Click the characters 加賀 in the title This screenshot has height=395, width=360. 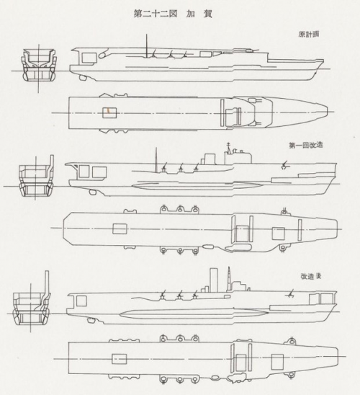199,14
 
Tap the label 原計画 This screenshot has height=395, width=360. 309,34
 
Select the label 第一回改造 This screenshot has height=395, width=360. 306,145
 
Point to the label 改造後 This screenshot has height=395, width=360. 311,276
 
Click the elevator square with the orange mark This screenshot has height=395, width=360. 109,112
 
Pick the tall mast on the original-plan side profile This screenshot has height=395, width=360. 147,46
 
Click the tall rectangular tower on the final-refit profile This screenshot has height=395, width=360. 213,280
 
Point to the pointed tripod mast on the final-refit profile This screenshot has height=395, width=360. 229,279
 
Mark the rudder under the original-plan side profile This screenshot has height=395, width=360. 83,78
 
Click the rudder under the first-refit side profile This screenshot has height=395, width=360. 93,192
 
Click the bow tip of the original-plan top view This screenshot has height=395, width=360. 328,112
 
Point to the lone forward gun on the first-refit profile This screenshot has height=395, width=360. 284,164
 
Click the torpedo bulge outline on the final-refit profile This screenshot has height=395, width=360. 194,314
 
